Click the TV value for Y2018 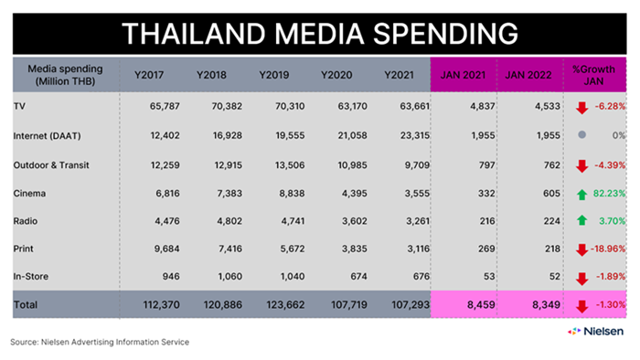(x=227, y=106)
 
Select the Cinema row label (x=29, y=194)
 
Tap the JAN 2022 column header (x=528, y=75)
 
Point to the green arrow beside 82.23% (x=582, y=195)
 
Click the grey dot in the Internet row (x=582, y=134)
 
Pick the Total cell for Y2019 (x=285, y=304)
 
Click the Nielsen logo (x=595, y=332)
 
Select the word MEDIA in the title (x=319, y=34)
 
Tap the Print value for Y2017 (x=167, y=249)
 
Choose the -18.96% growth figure (x=608, y=249)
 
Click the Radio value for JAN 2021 (x=486, y=221)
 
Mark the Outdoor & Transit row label (x=51, y=165)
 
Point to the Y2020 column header (x=336, y=75)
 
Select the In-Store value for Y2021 (x=421, y=277)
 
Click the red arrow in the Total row (x=582, y=306)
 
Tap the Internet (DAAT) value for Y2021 (x=415, y=135)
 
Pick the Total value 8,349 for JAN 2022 (x=546, y=304)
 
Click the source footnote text (x=100, y=342)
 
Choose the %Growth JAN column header (x=593, y=75)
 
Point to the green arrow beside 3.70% (x=582, y=220)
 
